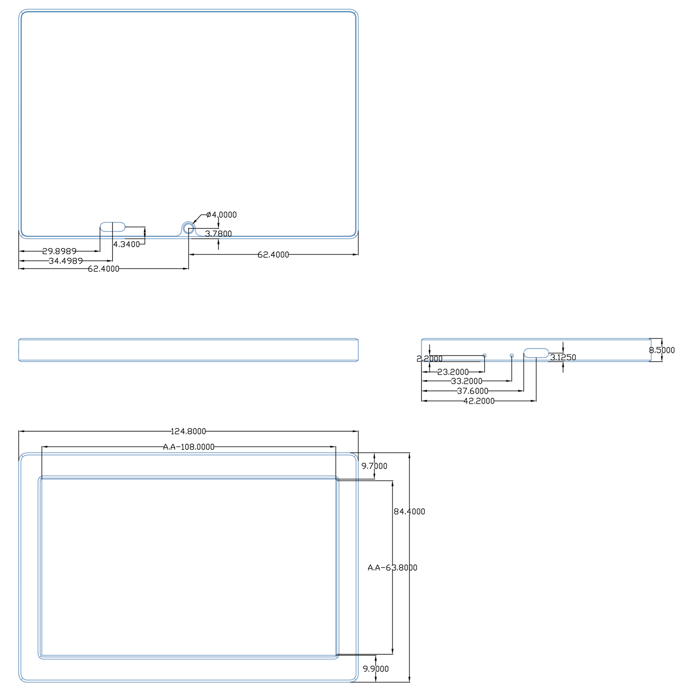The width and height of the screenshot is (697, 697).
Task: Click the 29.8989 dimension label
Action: (59, 251)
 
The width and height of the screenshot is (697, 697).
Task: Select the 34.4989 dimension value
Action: (66, 261)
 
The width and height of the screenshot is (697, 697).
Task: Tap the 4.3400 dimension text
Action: (126, 244)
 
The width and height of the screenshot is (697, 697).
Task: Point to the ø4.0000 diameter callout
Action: (222, 215)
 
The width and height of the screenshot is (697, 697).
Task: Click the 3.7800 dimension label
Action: (218, 234)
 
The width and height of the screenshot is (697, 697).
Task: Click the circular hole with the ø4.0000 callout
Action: (188, 228)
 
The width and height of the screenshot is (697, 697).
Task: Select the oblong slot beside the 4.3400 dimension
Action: (113, 227)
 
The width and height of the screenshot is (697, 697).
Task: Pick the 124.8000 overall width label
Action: (188, 431)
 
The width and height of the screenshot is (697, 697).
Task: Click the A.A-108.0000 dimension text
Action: (189, 447)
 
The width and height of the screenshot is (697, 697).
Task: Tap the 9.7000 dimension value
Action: (375, 466)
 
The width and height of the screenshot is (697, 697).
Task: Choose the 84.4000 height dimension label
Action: (409, 512)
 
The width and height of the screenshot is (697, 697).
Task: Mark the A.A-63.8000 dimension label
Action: (393, 568)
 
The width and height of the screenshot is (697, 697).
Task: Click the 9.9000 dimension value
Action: (376, 669)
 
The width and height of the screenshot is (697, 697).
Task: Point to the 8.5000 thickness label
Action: (662, 350)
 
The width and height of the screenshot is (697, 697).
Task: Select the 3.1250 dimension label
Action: (563, 357)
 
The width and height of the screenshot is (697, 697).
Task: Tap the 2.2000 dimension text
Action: (429, 359)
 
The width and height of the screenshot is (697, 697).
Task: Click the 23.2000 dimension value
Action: (453, 372)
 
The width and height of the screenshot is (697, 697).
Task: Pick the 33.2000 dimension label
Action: (467, 381)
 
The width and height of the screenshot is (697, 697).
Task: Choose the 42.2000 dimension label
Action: (479, 401)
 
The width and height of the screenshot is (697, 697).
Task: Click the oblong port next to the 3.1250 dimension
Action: (536, 353)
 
